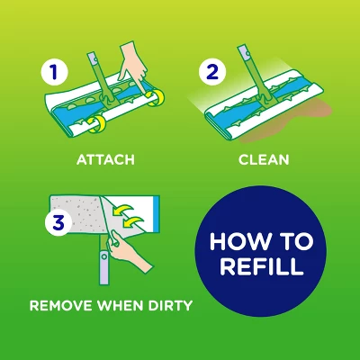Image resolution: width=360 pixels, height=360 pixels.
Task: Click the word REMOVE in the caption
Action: pos(62,305)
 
